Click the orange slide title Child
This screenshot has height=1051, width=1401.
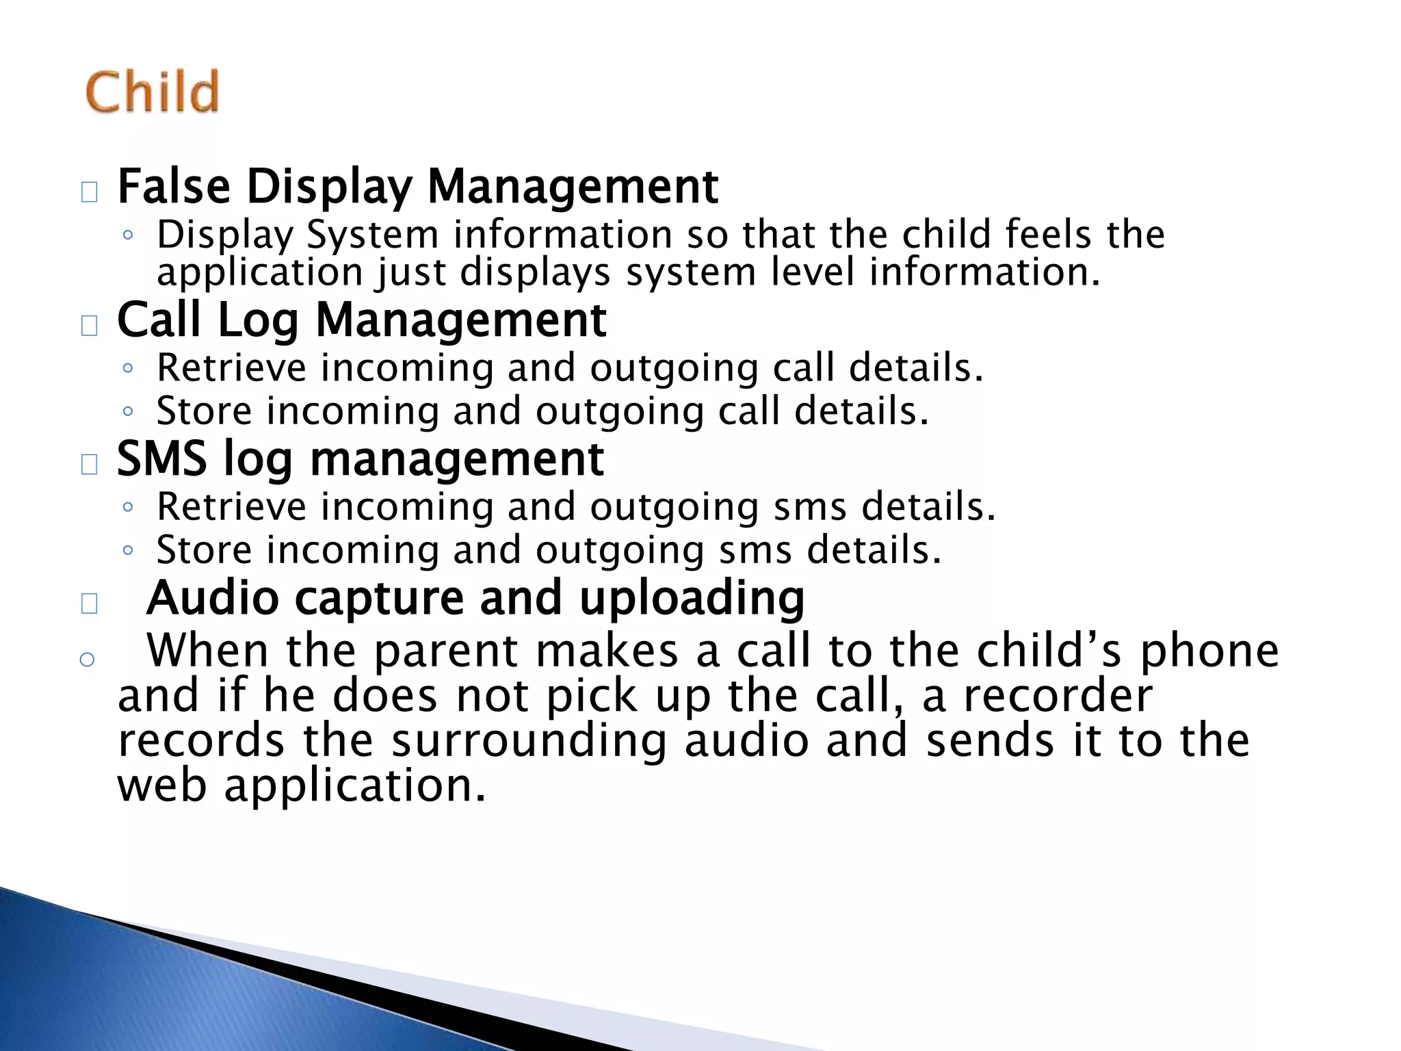click(x=152, y=92)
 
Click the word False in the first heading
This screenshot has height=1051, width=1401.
click(x=174, y=186)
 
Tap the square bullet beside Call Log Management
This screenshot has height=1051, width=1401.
click(x=89, y=326)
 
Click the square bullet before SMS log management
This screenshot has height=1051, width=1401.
click(x=89, y=465)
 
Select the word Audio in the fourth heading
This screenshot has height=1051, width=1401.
click(x=212, y=597)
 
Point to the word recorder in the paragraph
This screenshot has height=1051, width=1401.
click(x=1058, y=696)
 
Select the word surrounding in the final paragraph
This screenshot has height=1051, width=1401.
click(x=528, y=741)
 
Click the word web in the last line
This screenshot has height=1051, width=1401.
click(x=162, y=786)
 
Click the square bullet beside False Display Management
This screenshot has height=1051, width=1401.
click(x=89, y=193)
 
